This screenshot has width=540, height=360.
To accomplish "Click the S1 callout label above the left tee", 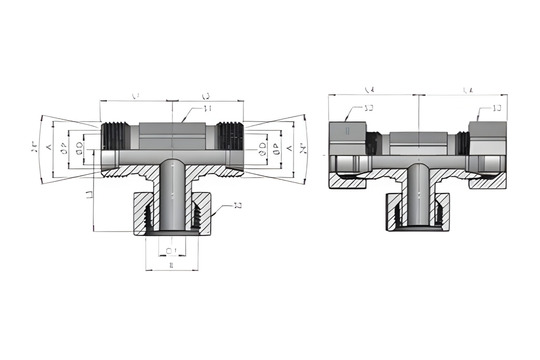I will [x=207, y=108].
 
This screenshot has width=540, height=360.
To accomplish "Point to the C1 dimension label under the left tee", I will [x=172, y=251].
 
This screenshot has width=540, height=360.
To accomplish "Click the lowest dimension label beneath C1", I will [x=172, y=267].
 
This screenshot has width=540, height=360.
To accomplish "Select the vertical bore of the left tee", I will [x=172, y=195].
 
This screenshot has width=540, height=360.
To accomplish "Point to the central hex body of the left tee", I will [x=172, y=132].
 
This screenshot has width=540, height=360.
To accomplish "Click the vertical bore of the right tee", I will [x=418, y=195].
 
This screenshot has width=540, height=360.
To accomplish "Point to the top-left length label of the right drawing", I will [x=369, y=90].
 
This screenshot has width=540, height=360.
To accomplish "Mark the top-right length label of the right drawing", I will [x=466, y=90].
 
